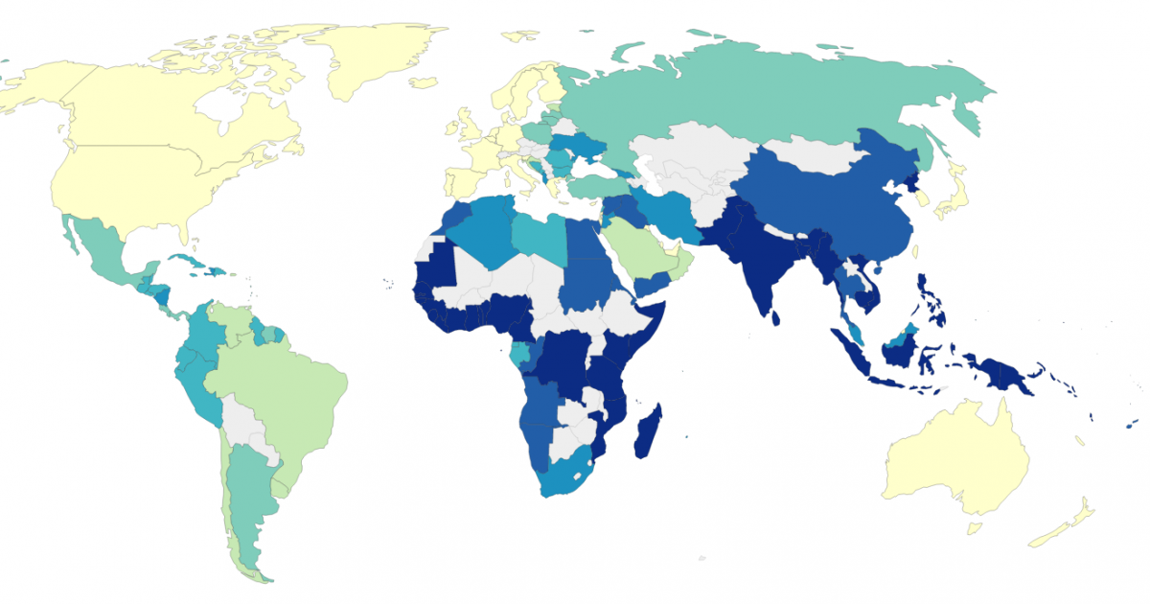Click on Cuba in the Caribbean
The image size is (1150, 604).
[x=192, y=262]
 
